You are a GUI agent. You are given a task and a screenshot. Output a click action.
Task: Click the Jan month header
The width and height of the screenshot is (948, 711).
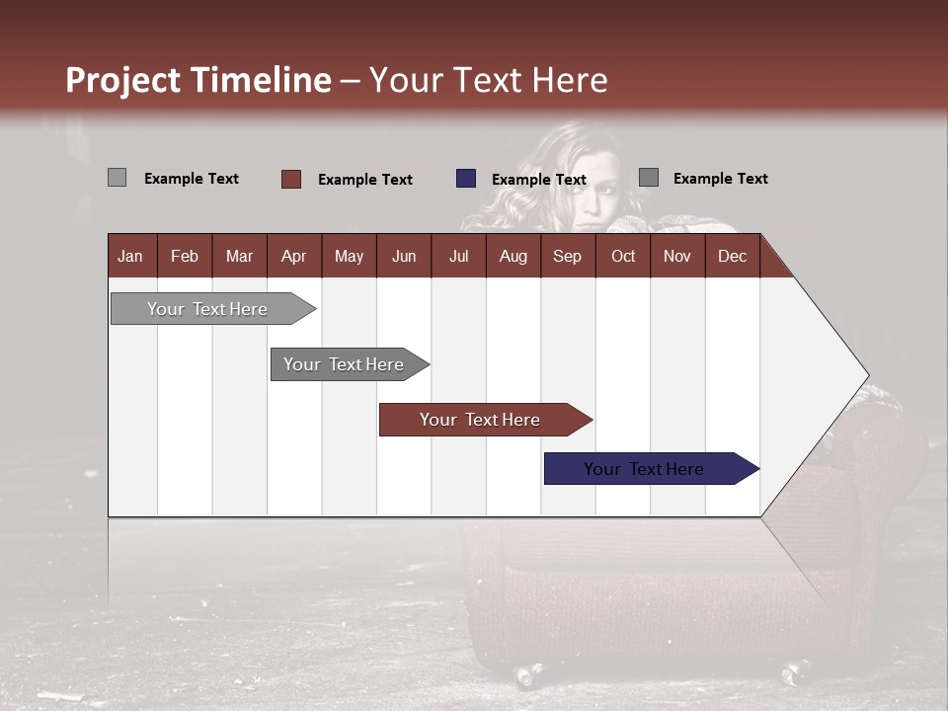coord(130,256)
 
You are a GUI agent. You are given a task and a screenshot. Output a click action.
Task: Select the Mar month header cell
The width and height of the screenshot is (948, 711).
coord(239,256)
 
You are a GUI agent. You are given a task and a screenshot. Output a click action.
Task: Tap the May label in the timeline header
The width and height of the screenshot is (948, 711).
coord(349,256)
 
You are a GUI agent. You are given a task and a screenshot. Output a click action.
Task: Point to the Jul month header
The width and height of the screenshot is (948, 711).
coord(458,256)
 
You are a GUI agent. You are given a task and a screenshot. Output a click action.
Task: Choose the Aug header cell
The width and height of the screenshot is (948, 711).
coord(513,256)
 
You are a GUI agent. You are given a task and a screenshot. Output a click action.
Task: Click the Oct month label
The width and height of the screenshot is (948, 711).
coord(623,256)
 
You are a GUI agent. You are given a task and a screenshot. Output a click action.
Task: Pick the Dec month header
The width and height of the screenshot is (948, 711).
coord(732,256)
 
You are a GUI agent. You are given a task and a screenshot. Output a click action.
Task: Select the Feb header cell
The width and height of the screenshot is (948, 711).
coord(185,256)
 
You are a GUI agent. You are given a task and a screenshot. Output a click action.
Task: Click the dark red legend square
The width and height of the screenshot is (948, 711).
coord(291,179)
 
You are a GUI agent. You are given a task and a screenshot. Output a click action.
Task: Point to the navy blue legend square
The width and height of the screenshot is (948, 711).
coord(466,179)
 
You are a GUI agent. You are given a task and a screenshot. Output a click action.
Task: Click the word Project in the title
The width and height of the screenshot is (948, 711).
coord(122,80)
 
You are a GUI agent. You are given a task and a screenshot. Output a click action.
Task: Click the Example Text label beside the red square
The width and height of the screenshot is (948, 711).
coord(364,180)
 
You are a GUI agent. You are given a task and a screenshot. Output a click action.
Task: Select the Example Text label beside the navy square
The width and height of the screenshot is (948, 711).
coord(538,180)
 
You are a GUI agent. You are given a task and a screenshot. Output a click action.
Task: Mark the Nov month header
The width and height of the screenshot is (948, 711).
coord(677,256)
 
